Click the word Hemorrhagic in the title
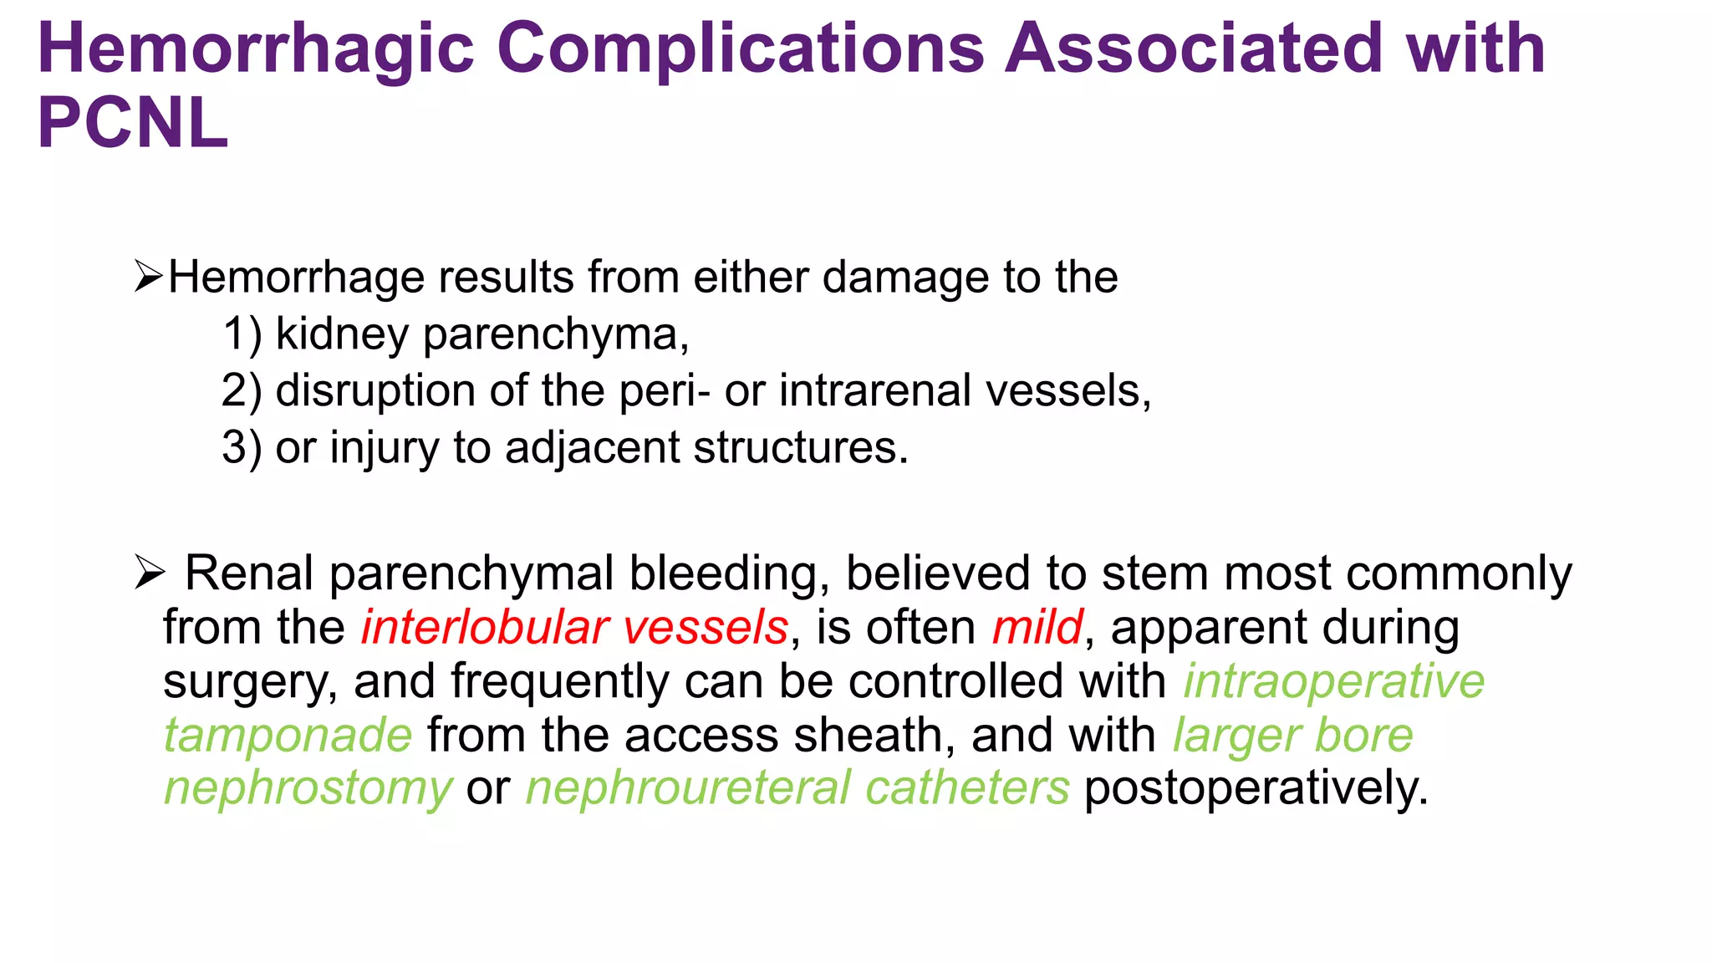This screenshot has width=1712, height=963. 256,50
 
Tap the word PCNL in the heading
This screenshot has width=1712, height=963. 133,124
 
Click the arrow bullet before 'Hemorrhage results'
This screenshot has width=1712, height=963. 148,278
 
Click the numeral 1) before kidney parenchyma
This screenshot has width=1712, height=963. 242,334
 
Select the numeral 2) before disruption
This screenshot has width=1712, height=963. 242,391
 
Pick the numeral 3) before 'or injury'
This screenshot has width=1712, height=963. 242,448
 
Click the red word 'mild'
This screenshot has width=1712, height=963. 1037,627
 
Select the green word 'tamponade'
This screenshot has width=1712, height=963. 288,736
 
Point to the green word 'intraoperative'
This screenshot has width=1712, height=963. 1334,681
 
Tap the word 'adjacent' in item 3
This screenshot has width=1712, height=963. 592,448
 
